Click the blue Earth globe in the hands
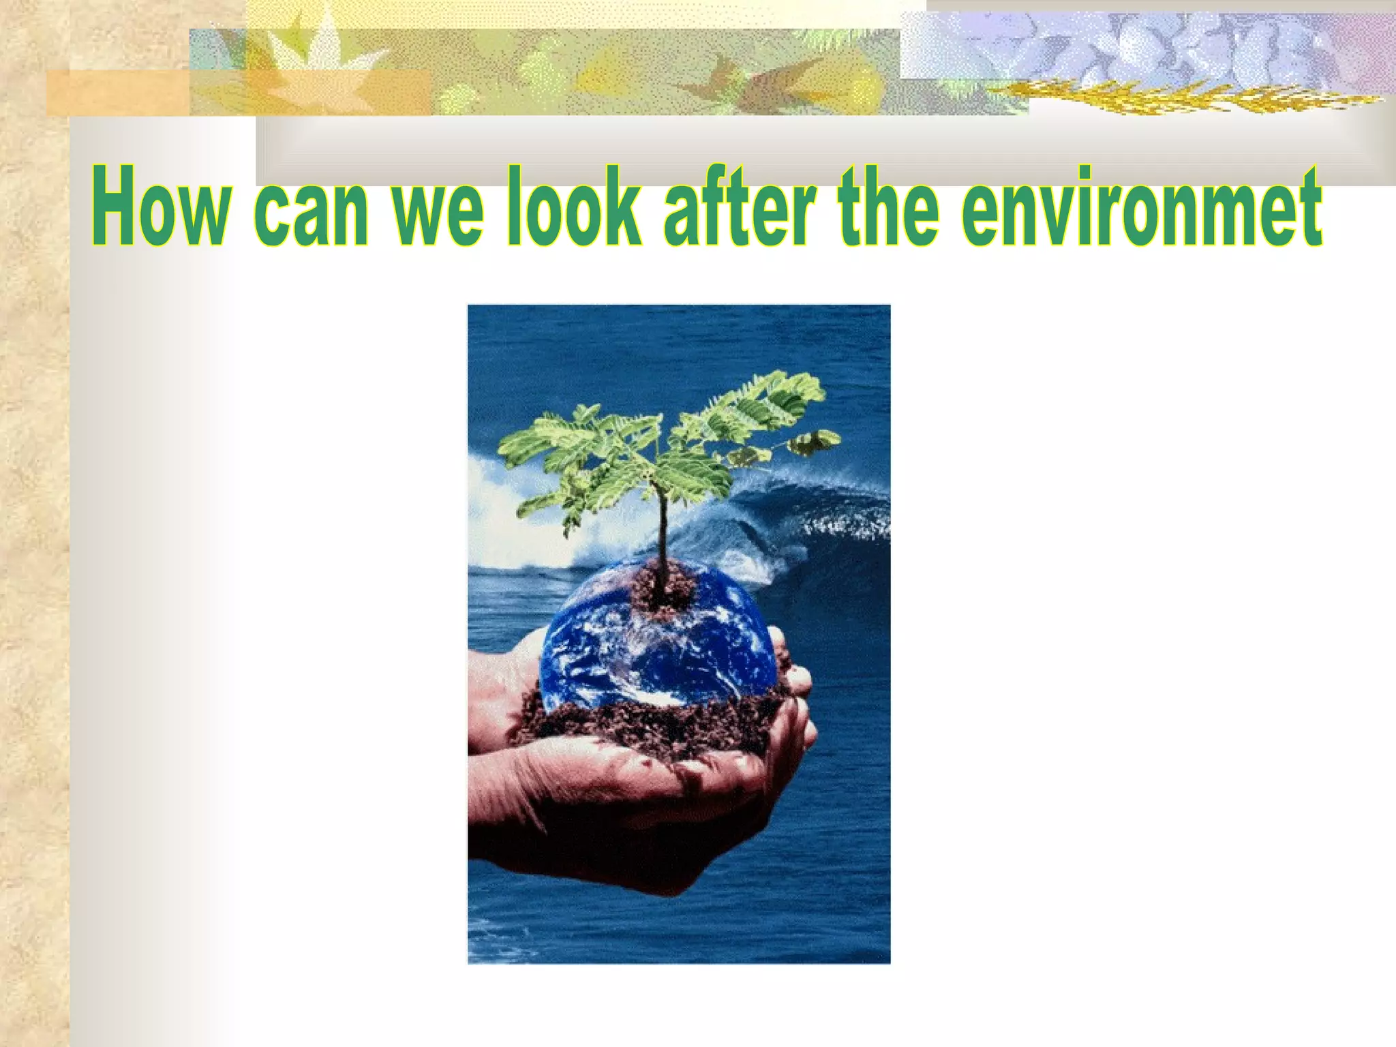[654, 654]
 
